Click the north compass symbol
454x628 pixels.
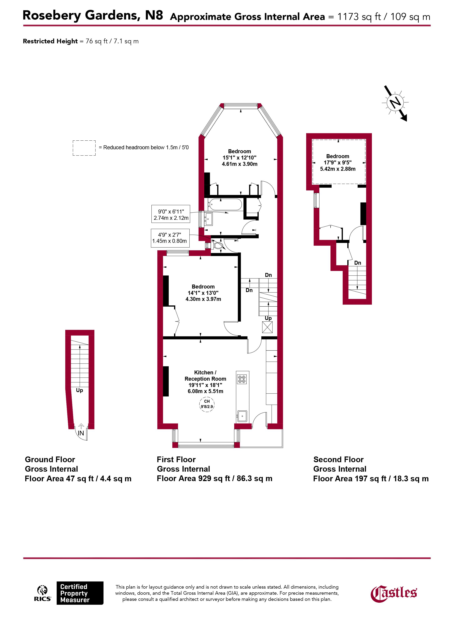pos(395,103)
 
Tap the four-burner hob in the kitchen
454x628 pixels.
pos(242,379)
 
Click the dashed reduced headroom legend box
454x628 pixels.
pos(84,148)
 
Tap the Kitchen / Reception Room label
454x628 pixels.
pos(205,376)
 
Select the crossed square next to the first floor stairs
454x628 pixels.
pos(267,327)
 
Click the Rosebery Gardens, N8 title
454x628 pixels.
pos(93,15)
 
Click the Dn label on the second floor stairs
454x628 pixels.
pos(358,263)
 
